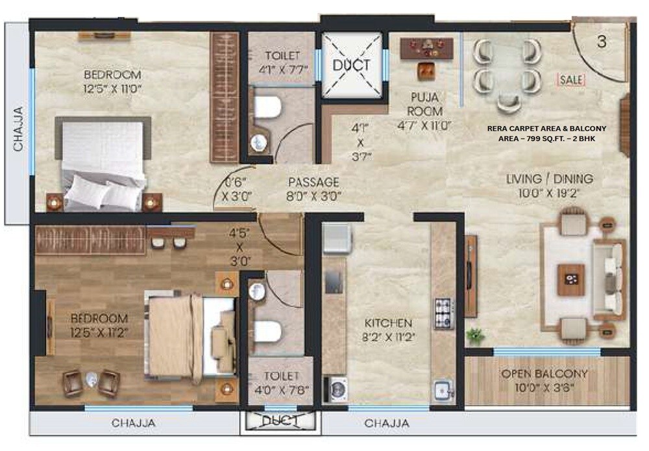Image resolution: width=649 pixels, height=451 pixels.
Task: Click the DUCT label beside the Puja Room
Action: click(x=351, y=65)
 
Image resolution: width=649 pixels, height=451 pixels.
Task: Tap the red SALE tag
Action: click(x=570, y=80)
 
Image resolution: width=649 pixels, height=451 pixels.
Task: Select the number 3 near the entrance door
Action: click(x=602, y=42)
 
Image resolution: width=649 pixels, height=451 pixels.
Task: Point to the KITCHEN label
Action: click(x=387, y=323)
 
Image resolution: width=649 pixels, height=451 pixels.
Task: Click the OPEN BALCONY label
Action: click(x=544, y=374)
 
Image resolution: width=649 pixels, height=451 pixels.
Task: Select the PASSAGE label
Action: click(x=313, y=183)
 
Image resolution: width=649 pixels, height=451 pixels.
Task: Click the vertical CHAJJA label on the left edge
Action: click(x=18, y=129)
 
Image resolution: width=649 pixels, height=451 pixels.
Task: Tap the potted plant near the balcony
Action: click(x=476, y=336)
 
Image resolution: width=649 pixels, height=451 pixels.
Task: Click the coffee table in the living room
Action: click(x=571, y=279)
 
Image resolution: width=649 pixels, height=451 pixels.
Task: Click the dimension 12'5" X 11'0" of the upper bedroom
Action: click(x=112, y=86)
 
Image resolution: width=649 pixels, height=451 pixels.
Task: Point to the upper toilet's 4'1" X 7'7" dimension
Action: click(x=282, y=68)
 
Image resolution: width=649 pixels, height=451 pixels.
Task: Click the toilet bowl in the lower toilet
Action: click(x=266, y=331)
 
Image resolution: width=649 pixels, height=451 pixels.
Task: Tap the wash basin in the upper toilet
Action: click(x=259, y=142)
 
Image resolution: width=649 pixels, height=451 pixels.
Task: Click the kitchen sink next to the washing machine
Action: click(x=443, y=391)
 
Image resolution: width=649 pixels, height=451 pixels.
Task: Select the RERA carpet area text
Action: click(x=546, y=133)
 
